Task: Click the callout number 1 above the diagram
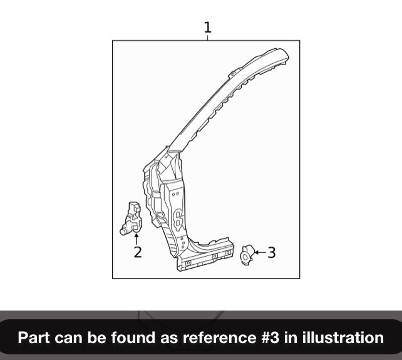coord(207,27)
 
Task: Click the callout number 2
coord(137,252)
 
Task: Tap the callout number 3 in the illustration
coord(271,252)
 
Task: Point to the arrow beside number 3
coord(259,252)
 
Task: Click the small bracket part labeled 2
coord(132,218)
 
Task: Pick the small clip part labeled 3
coord(247,254)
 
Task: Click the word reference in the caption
coord(212,338)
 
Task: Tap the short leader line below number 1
coord(207,38)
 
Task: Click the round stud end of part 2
coord(123,230)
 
